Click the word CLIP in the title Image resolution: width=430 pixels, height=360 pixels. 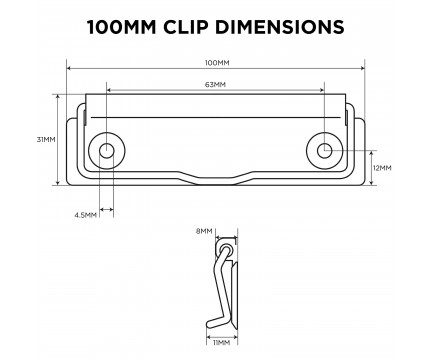(x=185, y=27)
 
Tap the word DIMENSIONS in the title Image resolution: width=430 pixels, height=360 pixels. (x=279, y=27)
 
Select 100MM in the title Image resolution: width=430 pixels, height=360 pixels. (x=122, y=27)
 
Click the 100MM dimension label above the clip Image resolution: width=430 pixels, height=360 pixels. (x=217, y=63)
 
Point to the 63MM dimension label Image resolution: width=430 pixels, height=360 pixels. (x=215, y=85)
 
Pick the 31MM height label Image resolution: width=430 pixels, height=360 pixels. (x=46, y=139)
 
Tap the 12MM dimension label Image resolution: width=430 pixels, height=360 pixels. (x=382, y=168)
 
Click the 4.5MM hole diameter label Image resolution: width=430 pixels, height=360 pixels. (x=86, y=215)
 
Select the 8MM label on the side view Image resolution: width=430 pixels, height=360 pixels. (x=204, y=231)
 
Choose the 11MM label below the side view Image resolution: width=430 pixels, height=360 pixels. (x=221, y=343)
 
